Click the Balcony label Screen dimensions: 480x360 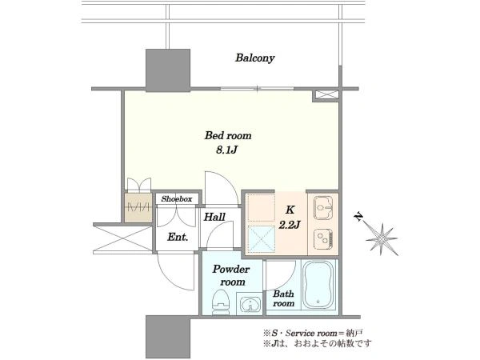pos(254,58)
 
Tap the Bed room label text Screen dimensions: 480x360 pos(228,135)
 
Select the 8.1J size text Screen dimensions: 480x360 pos(227,150)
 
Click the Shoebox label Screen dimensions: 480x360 pos(177,198)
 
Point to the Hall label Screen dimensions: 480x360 pos(214,217)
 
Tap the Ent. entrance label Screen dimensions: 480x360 pos(178,237)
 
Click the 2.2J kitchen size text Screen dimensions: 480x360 pos(290,225)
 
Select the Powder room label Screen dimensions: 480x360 pos(232,275)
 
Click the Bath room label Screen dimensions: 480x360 pos(284,298)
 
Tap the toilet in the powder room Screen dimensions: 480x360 pos(221,302)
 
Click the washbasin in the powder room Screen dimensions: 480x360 pos(250,305)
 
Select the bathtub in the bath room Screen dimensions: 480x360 pos(318,285)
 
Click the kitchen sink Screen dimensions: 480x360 pos(323,208)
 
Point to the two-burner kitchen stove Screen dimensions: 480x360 pos(324,238)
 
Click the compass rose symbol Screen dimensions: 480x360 pos(382,238)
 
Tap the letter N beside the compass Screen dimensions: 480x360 pos(358,217)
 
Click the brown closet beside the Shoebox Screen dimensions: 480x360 pos(138,207)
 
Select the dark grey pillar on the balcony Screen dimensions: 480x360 pos(168,70)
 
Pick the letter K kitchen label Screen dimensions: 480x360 pos(290,210)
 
